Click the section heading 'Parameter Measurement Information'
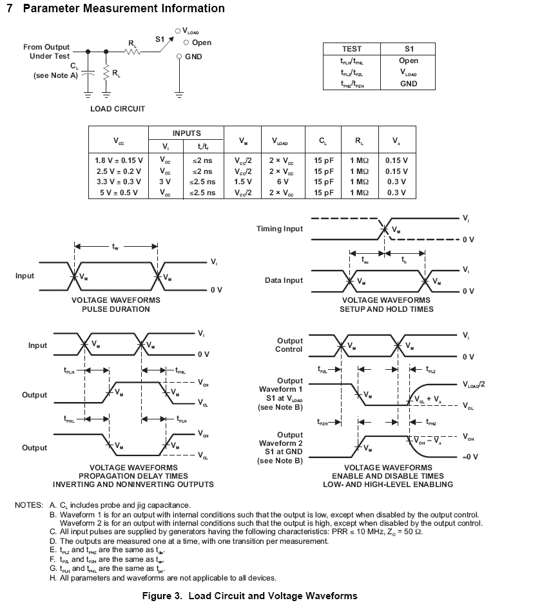(124, 8)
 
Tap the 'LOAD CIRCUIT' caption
(117, 109)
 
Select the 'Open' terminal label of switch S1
(201, 43)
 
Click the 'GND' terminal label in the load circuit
(194, 57)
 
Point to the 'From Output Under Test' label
(46, 52)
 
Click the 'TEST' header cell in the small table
(351, 49)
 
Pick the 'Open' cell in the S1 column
(408, 61)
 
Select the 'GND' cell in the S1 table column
(408, 84)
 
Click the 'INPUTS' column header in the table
(186, 133)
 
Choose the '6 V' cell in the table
(281, 182)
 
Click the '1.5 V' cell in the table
(243, 182)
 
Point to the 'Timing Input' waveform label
(279, 229)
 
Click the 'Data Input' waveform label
(284, 281)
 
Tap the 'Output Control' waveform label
(289, 345)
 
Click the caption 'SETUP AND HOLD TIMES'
(387, 309)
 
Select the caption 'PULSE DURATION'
(115, 309)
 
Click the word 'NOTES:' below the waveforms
(29, 505)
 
